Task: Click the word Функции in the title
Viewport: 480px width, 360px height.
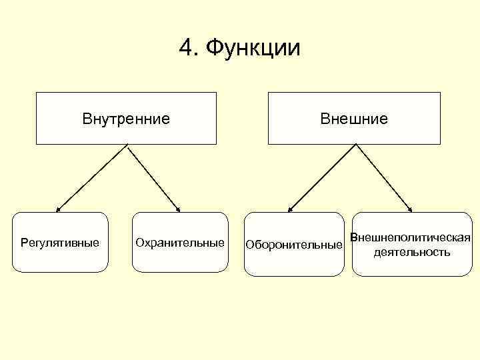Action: coord(253,48)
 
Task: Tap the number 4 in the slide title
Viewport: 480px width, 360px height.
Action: coord(186,48)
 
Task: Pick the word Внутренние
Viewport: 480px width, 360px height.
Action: coord(126,119)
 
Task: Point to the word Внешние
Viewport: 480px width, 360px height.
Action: coord(354,119)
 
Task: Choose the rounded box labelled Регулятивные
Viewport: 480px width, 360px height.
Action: coord(60,257)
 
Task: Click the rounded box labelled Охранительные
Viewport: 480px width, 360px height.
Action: coord(180,257)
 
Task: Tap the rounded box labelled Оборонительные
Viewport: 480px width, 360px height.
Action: coord(294,260)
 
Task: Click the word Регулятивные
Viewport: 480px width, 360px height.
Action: coord(60,241)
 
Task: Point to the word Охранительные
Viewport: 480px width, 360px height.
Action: coord(180,241)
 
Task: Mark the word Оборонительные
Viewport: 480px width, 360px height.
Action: coord(294,245)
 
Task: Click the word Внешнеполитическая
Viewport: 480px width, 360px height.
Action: coord(411,238)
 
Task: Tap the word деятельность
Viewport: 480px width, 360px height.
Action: coord(411,252)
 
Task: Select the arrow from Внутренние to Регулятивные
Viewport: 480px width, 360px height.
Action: coord(91,178)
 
